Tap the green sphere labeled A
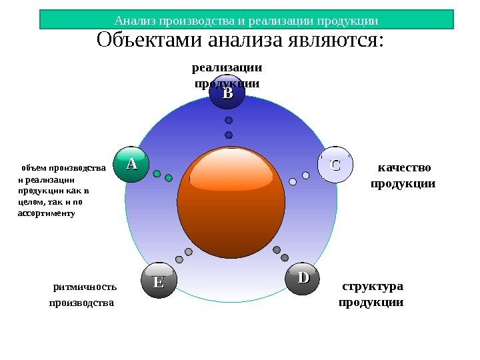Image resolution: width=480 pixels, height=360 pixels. pos(131,164)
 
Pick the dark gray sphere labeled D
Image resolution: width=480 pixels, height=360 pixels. pos(303,278)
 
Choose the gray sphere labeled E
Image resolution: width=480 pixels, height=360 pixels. pos(159,281)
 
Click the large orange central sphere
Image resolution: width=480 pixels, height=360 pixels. pos(231,201)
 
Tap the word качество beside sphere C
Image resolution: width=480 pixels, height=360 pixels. pos(404,167)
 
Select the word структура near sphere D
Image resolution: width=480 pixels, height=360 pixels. pos(373,287)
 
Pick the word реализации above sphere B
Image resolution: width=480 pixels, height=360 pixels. pos(227,67)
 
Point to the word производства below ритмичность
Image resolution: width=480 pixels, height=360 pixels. pos(82,303)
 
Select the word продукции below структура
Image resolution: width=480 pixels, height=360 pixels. pos(371,302)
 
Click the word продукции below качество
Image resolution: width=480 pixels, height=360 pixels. pos(403,183)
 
